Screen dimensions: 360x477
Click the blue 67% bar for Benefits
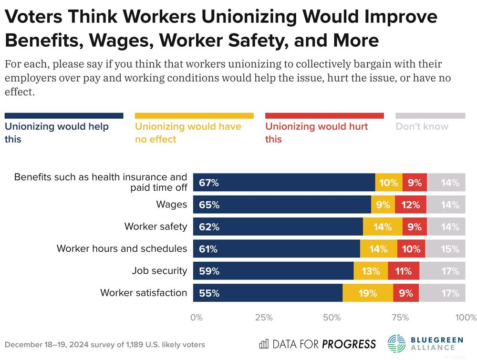coord(284,182)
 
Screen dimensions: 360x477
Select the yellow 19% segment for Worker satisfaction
coord(368,293)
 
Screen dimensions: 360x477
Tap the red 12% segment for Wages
coord(411,205)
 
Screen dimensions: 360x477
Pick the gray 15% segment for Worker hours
coord(445,249)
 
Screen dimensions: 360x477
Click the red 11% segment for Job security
coord(404,271)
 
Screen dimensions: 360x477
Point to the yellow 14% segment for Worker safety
coord(383,226)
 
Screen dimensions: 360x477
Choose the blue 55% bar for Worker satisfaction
coord(268,293)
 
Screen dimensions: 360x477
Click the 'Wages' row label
coord(172,205)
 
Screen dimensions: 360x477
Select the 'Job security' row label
coord(159,271)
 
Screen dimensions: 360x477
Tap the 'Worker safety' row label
coord(156,226)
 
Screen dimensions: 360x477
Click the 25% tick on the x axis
coord(264,318)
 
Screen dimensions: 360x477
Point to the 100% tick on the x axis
coord(466,318)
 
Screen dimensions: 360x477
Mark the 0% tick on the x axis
coord(196,318)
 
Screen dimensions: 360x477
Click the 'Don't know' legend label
coord(422,126)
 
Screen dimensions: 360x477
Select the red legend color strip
coord(324,116)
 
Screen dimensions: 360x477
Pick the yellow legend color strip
coord(194,116)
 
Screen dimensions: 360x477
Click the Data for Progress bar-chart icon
coord(264,344)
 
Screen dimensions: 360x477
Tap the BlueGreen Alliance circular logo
coord(397,344)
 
